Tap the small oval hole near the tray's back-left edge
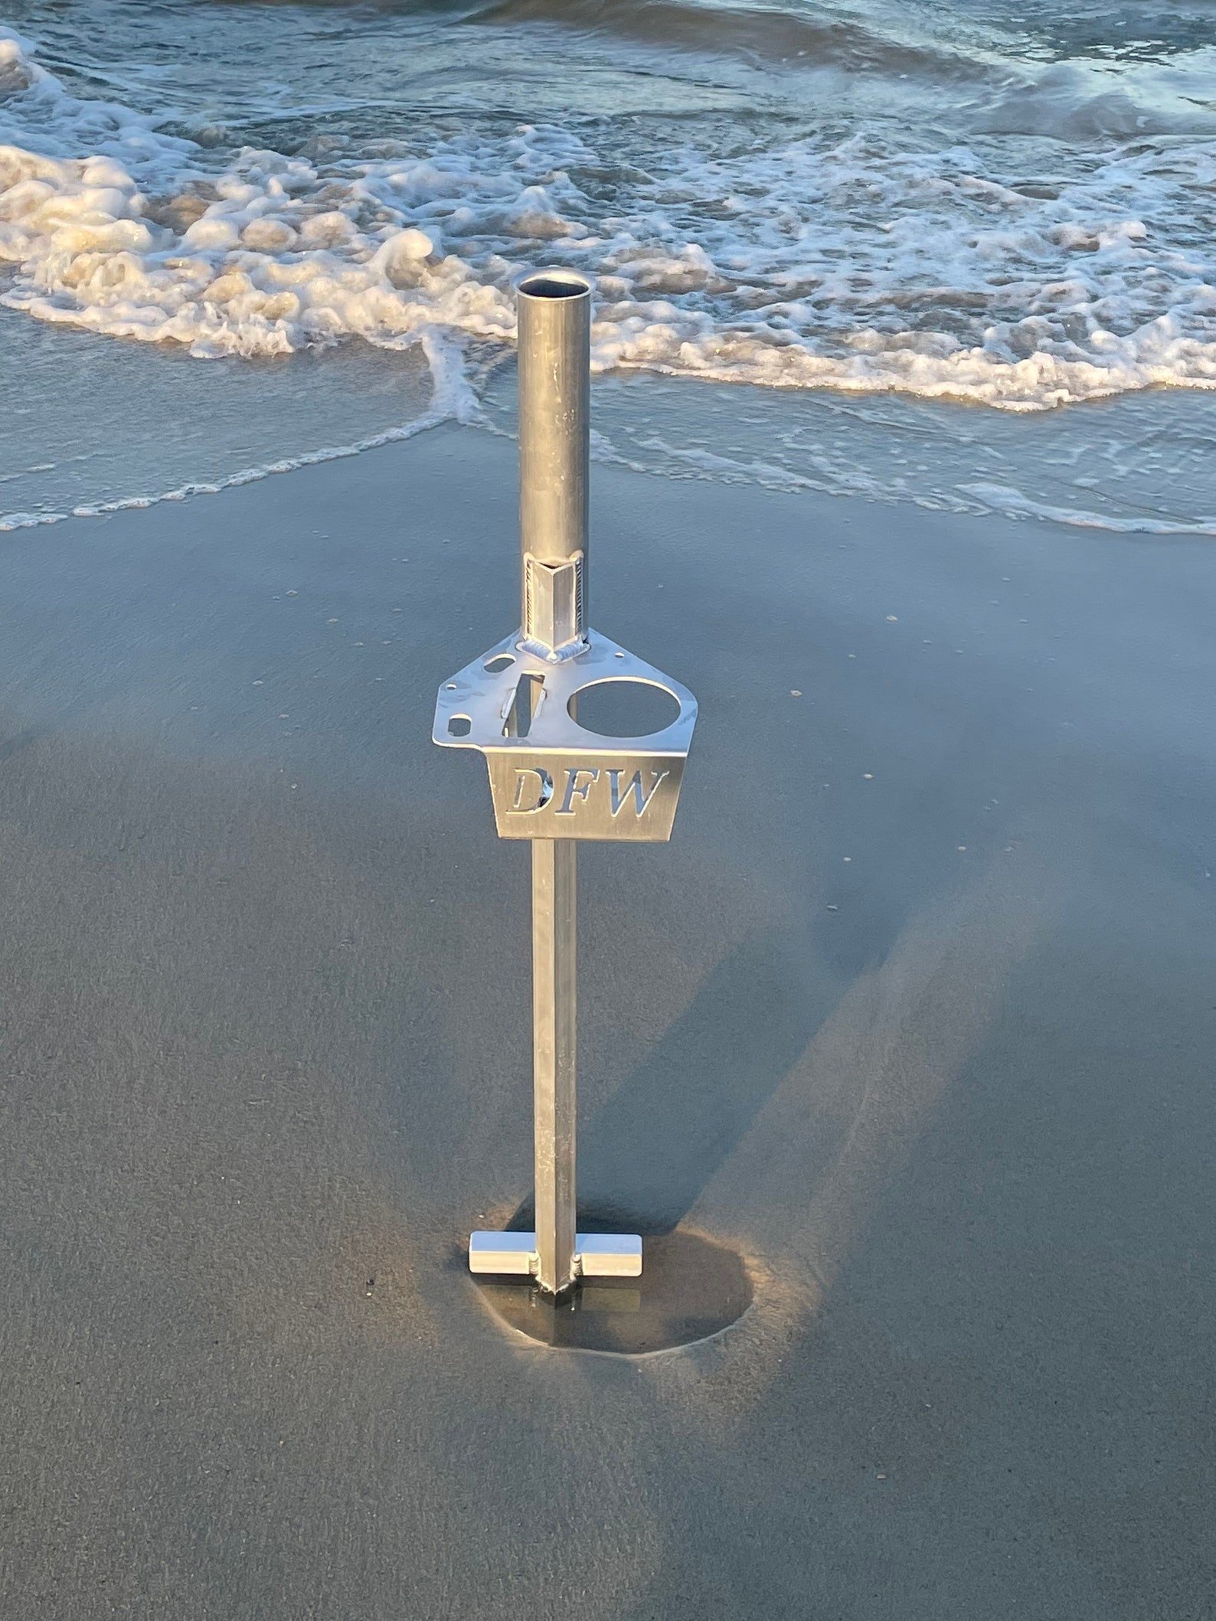point(502,661)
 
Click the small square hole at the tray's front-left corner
point(460,721)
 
